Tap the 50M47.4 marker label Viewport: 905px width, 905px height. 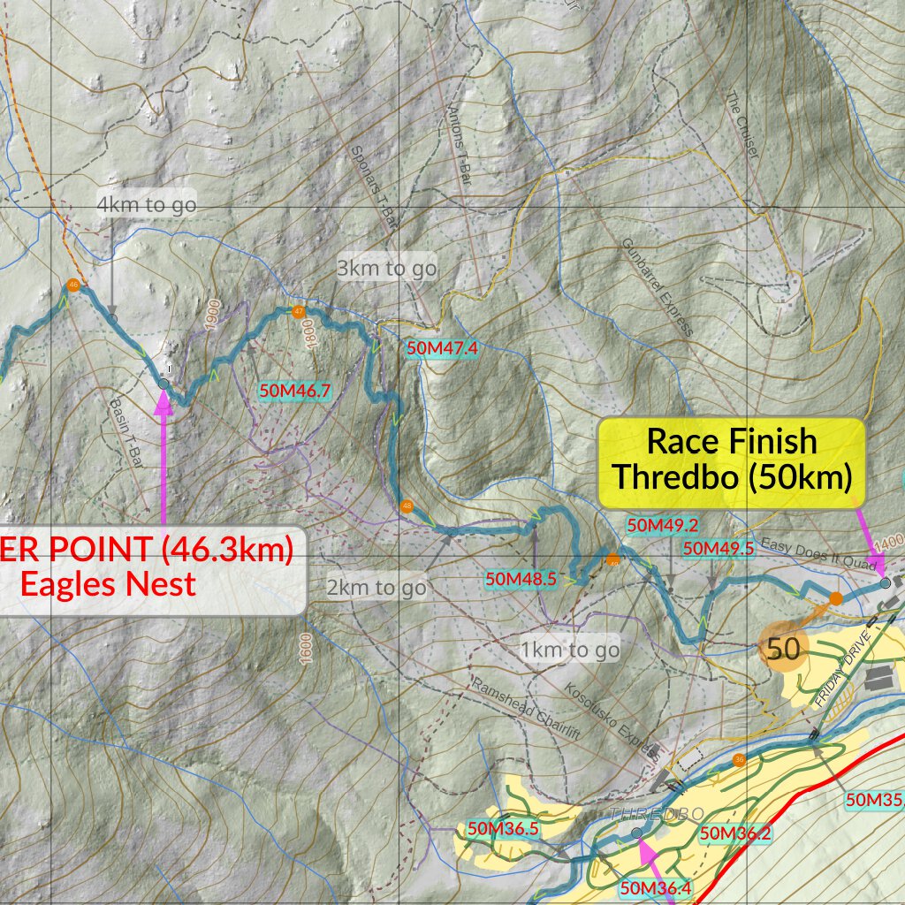click(442, 348)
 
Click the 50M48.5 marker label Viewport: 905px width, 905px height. click(521, 580)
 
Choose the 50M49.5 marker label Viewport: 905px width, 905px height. click(718, 548)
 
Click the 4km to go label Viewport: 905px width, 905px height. click(146, 205)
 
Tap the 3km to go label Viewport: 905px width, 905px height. click(386, 267)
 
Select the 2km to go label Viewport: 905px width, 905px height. click(376, 587)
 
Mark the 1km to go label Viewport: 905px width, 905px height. click(570, 650)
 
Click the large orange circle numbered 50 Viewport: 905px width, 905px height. click(783, 650)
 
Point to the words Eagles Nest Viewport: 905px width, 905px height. click(108, 583)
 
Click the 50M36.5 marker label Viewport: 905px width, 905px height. click(502, 828)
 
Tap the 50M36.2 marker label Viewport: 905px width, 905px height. click(734, 833)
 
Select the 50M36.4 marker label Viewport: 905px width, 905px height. click(657, 887)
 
